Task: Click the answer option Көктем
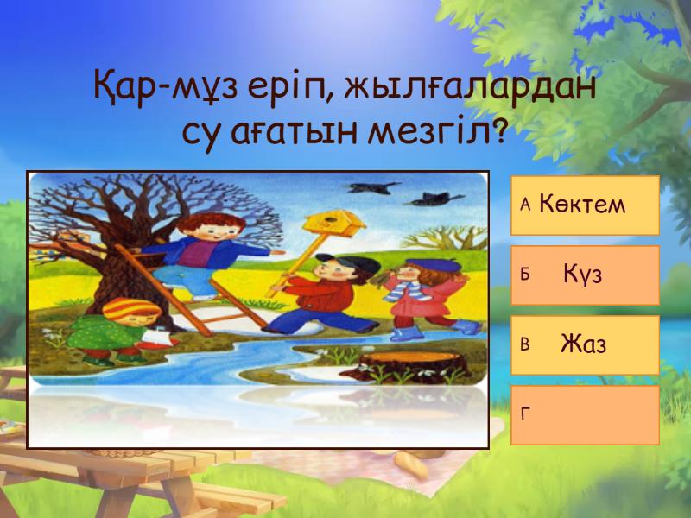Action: coord(585,205)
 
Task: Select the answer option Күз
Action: coord(585,275)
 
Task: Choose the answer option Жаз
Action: coord(585,344)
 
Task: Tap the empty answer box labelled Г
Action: coord(585,415)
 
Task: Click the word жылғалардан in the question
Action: coord(470,88)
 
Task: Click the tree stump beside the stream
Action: coord(413,365)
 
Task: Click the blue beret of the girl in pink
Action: coord(434,265)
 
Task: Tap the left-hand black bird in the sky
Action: coord(373,187)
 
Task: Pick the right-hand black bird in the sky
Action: coord(434,199)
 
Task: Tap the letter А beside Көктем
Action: coord(525,205)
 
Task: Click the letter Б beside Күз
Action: coord(524,275)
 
